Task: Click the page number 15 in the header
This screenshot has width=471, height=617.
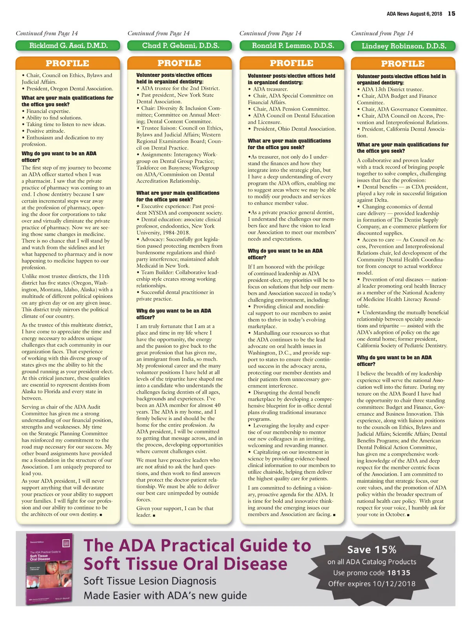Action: coord(452,14)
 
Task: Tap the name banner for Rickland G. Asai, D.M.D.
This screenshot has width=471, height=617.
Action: coord(68,46)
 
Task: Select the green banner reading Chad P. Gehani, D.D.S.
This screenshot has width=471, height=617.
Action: coord(180,46)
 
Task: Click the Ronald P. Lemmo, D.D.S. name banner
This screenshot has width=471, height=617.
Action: coord(292,46)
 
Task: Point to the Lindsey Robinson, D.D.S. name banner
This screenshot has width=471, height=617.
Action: coord(403,46)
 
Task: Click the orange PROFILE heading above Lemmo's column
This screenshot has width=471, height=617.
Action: coord(291,63)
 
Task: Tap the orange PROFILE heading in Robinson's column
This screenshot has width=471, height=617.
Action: coord(403,64)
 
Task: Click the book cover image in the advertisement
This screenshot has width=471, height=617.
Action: coord(49,568)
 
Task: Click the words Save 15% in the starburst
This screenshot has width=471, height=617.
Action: coord(372,549)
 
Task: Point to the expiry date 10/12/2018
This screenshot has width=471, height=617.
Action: coord(394,584)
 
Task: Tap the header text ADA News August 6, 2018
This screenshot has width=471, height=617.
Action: coord(414,14)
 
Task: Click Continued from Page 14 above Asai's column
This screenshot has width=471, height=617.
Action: coord(47,33)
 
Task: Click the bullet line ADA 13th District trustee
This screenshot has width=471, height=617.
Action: coord(392,89)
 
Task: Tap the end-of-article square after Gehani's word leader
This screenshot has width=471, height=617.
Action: coord(154,515)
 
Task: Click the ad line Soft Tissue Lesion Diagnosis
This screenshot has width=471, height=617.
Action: coord(150,581)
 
